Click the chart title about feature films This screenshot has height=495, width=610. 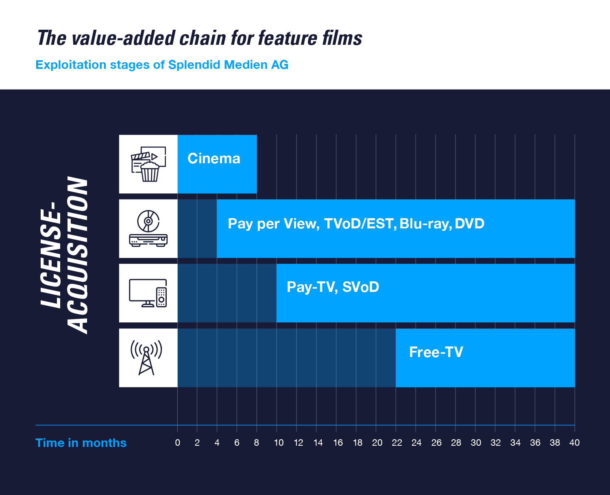[x=200, y=38]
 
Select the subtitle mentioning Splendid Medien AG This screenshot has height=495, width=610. [x=162, y=65]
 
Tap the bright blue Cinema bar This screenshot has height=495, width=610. [x=217, y=164]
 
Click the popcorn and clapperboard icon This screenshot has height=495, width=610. [x=148, y=164]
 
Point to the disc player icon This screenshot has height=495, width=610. [x=148, y=228]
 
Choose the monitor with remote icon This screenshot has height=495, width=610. [x=148, y=293]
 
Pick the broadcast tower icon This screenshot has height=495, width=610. [x=146, y=358]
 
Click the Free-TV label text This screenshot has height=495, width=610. [x=436, y=352]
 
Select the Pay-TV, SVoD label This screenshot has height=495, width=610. [x=333, y=287]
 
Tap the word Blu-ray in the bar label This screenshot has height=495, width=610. [x=425, y=223]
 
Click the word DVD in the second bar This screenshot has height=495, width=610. [x=470, y=223]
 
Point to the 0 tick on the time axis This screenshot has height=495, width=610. [x=178, y=443]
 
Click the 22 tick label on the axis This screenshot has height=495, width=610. [x=396, y=443]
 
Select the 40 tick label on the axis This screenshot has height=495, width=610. [x=575, y=443]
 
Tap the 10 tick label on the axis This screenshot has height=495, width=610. [x=279, y=443]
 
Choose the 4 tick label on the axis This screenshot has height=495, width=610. [x=217, y=443]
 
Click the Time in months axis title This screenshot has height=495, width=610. [x=81, y=443]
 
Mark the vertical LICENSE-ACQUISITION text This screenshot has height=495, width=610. [x=64, y=255]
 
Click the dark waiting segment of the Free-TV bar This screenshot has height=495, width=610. [x=287, y=358]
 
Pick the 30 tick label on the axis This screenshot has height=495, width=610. [x=476, y=443]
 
